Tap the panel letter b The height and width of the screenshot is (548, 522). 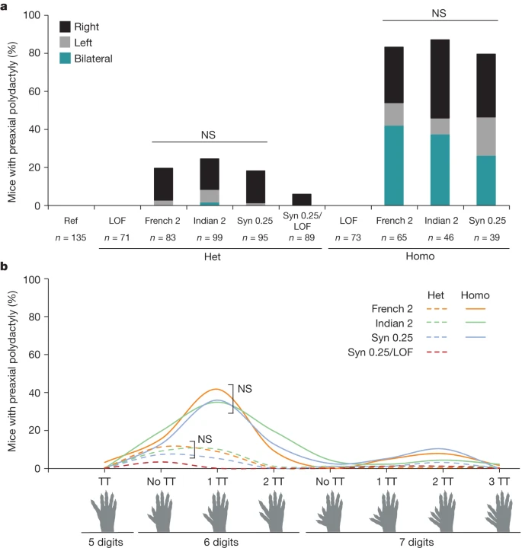click(5, 267)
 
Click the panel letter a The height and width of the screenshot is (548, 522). click(5, 5)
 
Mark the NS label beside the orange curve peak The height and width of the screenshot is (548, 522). click(244, 389)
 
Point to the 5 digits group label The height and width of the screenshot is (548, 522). click(107, 543)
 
